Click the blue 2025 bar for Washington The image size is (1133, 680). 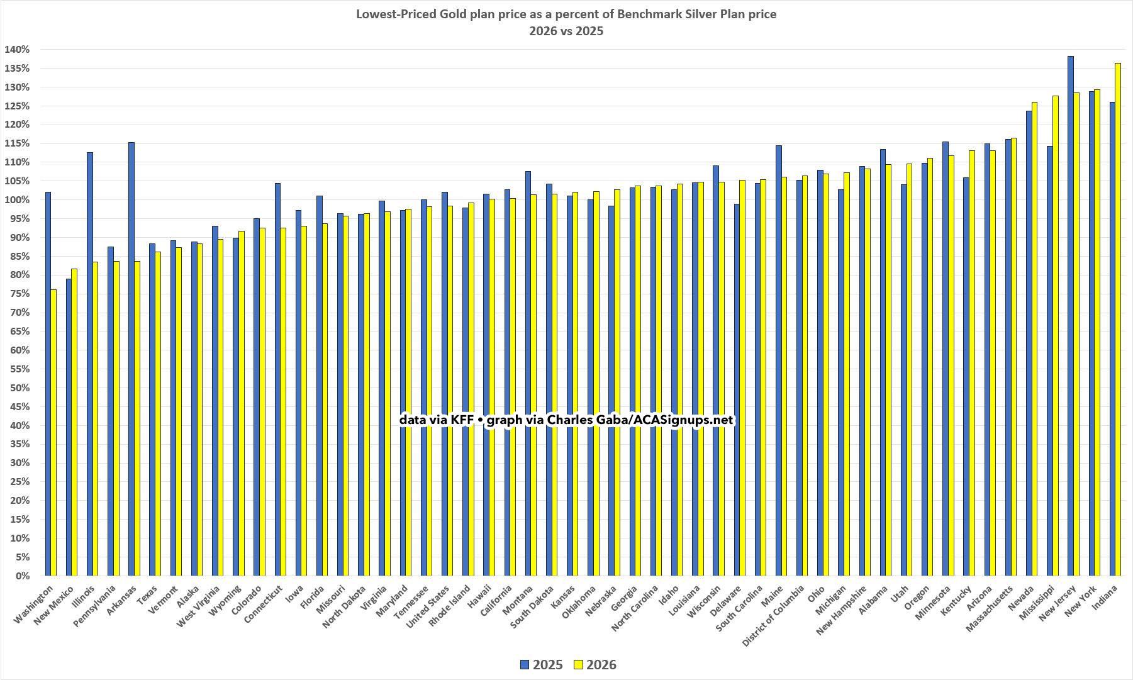pyautogui.click(x=48, y=384)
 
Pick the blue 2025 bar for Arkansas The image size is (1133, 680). pyautogui.click(x=131, y=359)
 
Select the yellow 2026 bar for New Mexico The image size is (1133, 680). pyautogui.click(x=74, y=422)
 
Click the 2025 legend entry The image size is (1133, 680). pyautogui.click(x=541, y=665)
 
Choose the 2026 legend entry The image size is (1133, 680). pyautogui.click(x=594, y=665)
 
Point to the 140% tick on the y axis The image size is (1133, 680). pyautogui.click(x=17, y=50)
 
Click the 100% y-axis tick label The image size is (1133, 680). pyautogui.click(x=17, y=200)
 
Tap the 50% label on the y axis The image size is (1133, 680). pyautogui.click(x=20, y=388)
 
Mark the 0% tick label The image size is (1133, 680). pyautogui.click(x=22, y=576)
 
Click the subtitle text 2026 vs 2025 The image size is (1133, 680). pyautogui.click(x=566, y=31)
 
